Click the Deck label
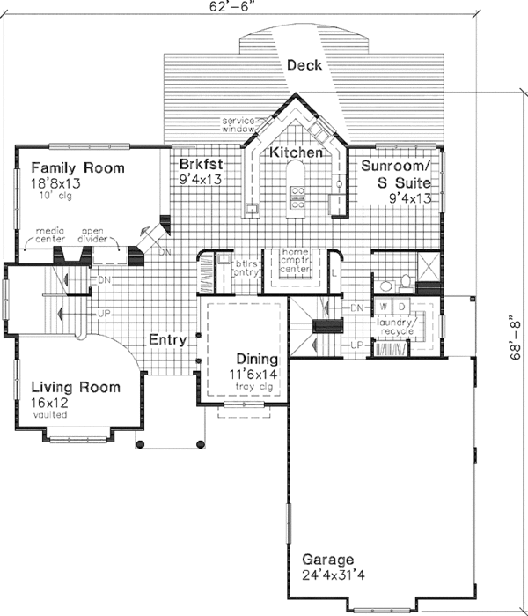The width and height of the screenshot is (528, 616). click(x=304, y=65)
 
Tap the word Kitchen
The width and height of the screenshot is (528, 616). click(x=296, y=153)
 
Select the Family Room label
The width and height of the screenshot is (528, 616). click(x=77, y=167)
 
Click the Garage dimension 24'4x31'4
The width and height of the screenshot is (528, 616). click(x=328, y=576)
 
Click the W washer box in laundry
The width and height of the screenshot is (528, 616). click(x=384, y=306)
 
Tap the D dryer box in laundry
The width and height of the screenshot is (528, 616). click(x=400, y=306)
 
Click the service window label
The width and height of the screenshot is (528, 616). click(x=237, y=124)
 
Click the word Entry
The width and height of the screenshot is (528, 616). click(x=165, y=339)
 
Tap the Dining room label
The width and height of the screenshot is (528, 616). click(x=257, y=360)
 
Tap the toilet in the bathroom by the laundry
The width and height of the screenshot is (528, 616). click(x=404, y=282)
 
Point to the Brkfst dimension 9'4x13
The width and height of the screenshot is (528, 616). click(x=201, y=179)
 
